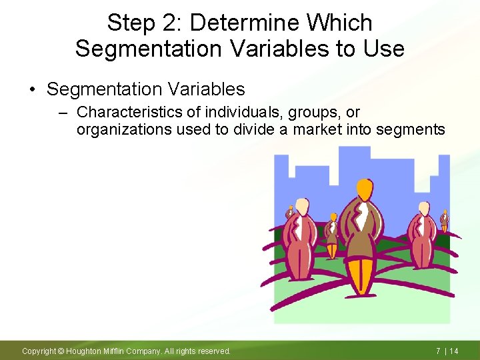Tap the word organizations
tap(124, 129)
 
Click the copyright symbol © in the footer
tap(60, 351)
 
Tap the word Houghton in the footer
tap(85, 351)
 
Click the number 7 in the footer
tap(438, 351)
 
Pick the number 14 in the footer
tap(453, 351)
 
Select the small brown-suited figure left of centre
tap(331, 237)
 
